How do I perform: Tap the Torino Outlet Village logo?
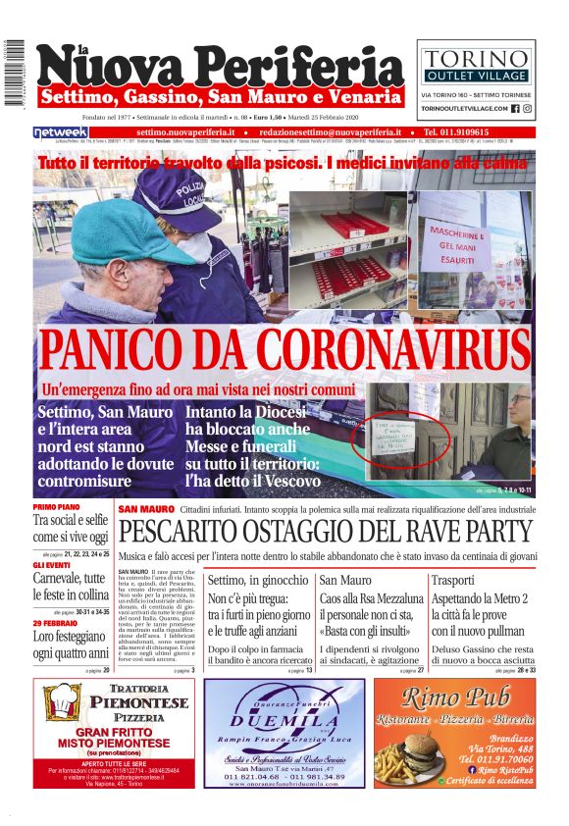click(476, 64)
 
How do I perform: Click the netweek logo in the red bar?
click(61, 131)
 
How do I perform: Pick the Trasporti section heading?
click(453, 580)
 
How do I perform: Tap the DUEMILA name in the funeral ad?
click(283, 719)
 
